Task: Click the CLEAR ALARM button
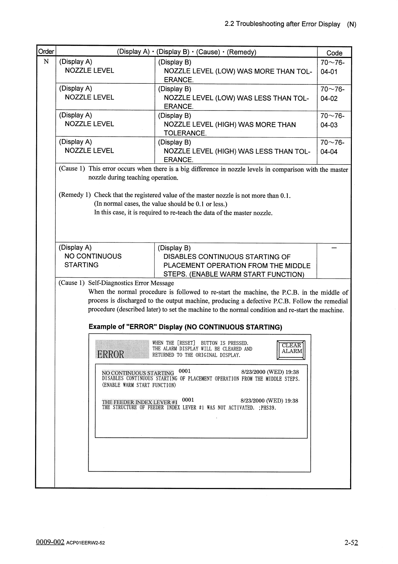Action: tap(292, 348)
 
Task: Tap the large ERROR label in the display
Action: tap(110, 354)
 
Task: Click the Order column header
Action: tap(46, 52)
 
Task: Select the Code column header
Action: tap(334, 53)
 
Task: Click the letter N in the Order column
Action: tap(46, 62)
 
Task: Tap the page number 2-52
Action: tap(351, 543)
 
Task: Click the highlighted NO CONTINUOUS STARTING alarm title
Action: tap(138, 373)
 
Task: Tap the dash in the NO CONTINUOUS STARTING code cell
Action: tap(333, 248)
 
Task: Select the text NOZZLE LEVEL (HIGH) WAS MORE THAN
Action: tap(230, 125)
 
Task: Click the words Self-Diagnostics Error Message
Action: tap(131, 283)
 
